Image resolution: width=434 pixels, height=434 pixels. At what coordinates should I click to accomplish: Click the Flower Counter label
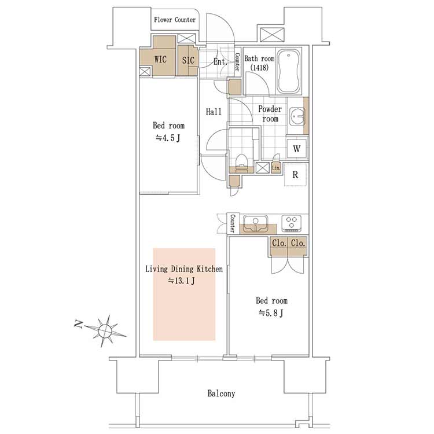[x=175, y=20]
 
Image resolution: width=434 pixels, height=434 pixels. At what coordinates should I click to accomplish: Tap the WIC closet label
[x=160, y=59]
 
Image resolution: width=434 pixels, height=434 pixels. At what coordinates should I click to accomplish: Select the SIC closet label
[x=188, y=60]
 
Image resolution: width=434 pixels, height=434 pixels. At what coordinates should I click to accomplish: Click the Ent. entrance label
[x=220, y=61]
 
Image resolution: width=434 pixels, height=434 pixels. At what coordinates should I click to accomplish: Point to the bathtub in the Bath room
[x=288, y=71]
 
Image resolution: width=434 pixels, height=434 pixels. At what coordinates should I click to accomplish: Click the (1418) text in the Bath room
[x=259, y=67]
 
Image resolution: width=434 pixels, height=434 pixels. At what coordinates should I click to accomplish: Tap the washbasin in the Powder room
[x=297, y=116]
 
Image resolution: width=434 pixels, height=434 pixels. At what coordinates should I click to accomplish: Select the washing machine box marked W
[x=297, y=149]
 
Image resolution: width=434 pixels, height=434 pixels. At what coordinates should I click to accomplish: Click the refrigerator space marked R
[x=296, y=174]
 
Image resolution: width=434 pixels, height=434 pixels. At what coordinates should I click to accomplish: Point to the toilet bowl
[x=241, y=161]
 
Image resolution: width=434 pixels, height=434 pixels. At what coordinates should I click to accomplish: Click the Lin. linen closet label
[x=276, y=168]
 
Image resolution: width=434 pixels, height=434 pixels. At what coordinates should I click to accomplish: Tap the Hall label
[x=214, y=112]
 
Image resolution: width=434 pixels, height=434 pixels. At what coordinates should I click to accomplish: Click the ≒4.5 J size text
[x=168, y=138]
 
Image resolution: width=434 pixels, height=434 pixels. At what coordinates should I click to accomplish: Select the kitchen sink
[x=255, y=223]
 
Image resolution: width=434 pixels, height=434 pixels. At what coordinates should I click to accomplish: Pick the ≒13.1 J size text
[x=181, y=281]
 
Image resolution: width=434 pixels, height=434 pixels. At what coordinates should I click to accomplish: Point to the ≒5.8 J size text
[x=271, y=313]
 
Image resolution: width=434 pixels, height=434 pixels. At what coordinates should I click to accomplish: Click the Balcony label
[x=221, y=393]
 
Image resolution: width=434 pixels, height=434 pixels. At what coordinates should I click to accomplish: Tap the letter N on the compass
[x=79, y=324]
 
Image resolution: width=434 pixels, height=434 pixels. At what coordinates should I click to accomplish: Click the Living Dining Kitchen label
[x=184, y=269]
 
